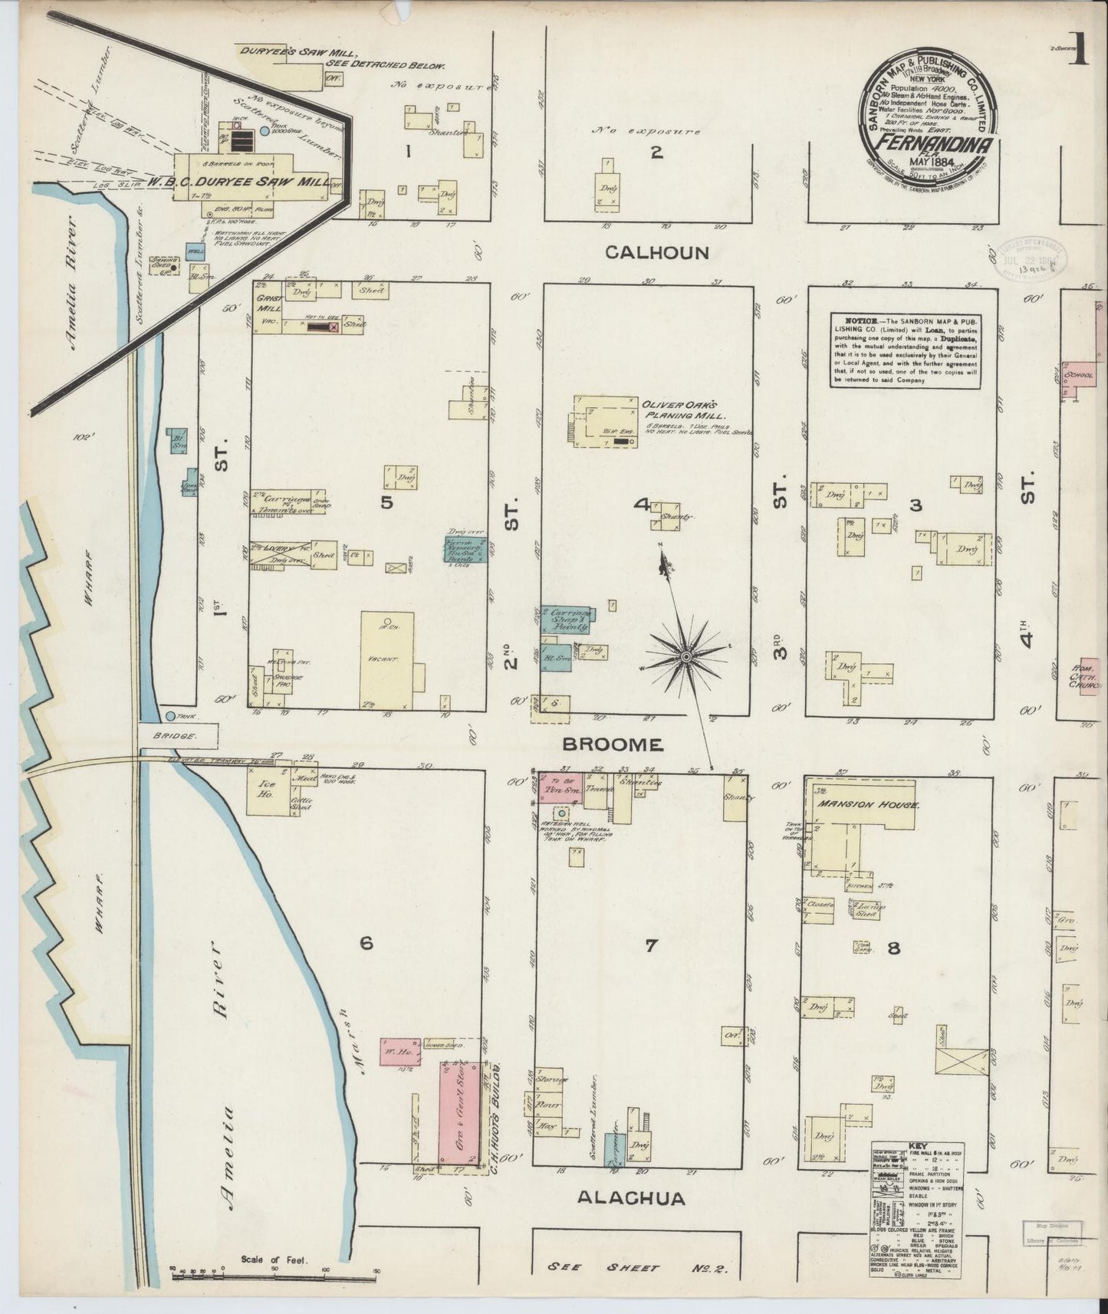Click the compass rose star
tap(686, 657)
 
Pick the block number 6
tap(366, 943)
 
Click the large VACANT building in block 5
tap(387, 659)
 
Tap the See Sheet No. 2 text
tap(636, 1268)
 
